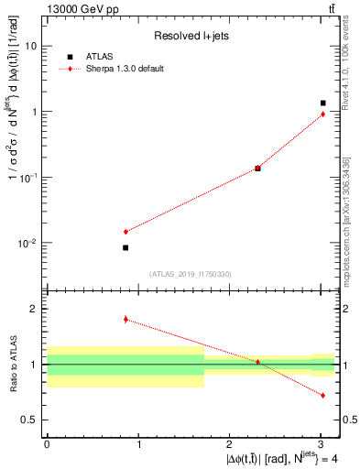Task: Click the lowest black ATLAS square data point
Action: [125, 247]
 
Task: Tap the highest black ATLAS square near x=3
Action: [322, 104]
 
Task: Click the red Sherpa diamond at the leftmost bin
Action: [125, 232]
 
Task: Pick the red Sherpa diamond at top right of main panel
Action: [322, 114]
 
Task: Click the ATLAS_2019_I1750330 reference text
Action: [191, 274]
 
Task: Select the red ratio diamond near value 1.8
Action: [125, 319]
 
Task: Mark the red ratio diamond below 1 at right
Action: [322, 395]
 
